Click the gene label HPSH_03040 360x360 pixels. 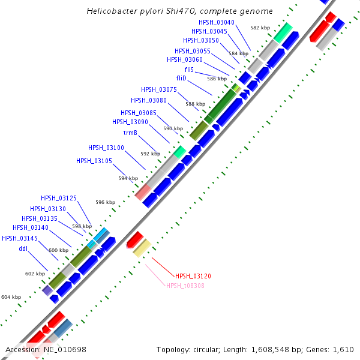click(217, 22)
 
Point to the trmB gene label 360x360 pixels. click(132, 133)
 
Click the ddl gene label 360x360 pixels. click(23, 248)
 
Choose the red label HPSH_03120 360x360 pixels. click(193, 276)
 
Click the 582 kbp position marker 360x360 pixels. click(260, 28)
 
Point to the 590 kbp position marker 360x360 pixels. click(173, 128)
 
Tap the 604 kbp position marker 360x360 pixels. click(11, 297)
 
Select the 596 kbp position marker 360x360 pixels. click(105, 202)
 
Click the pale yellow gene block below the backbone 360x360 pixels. click(142, 248)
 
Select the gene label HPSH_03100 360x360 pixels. click(106, 148)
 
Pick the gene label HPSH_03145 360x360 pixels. click(20, 238)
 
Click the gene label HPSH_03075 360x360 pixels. click(159, 89)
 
